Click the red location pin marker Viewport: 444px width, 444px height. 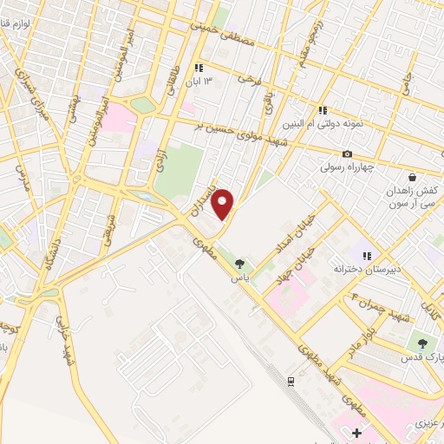click(x=224, y=204)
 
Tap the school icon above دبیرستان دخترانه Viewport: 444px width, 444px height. click(x=366, y=257)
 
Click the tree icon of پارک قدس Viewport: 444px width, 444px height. click(x=423, y=342)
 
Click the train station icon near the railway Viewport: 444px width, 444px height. click(x=291, y=381)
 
